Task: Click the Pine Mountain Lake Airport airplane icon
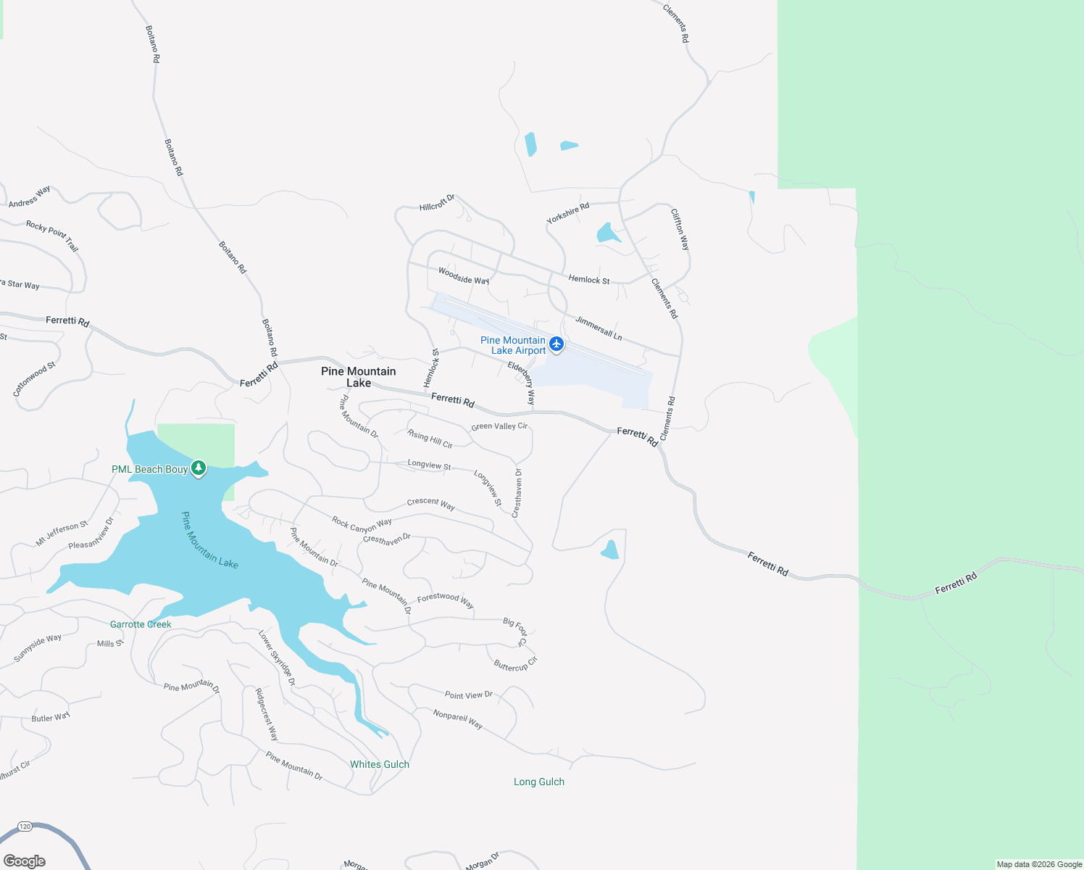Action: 556,344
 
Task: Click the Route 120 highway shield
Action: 25,826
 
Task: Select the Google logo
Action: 25,861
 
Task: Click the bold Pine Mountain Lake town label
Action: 359,377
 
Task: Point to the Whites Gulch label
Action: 380,764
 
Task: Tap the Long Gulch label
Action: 539,782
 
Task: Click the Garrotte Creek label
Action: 141,624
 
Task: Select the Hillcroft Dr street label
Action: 437,202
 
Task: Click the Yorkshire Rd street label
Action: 568,213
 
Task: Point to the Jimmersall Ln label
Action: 599,328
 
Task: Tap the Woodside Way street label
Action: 464,276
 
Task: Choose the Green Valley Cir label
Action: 499,426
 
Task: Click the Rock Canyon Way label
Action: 362,524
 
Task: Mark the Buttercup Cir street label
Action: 516,664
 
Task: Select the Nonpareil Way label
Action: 458,719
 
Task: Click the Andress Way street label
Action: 30,196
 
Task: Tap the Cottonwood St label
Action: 34,379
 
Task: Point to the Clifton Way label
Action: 680,229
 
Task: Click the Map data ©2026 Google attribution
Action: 1039,864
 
